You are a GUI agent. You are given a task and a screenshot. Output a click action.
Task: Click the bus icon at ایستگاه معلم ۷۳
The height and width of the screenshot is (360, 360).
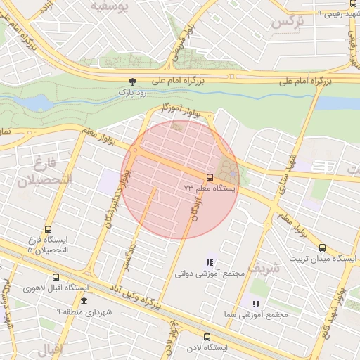click(210, 176)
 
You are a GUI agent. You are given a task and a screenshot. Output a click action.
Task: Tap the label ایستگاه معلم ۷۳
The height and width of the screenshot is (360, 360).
click(210, 188)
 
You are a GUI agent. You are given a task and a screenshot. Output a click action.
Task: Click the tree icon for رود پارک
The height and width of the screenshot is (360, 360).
click(134, 82)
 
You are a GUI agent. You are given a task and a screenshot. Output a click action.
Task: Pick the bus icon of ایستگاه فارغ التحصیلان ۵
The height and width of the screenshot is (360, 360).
click(48, 229)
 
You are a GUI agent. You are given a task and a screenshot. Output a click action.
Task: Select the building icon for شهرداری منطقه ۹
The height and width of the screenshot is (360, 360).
click(84, 301)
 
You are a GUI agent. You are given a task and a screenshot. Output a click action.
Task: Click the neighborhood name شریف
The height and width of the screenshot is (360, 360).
click(264, 266)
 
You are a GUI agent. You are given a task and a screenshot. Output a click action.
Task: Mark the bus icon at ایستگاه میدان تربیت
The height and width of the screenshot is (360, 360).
click(322, 247)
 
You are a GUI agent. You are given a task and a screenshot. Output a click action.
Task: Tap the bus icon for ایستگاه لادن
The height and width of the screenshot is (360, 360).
click(207, 337)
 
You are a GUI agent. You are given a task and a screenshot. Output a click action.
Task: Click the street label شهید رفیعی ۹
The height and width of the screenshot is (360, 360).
click(319, 13)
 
